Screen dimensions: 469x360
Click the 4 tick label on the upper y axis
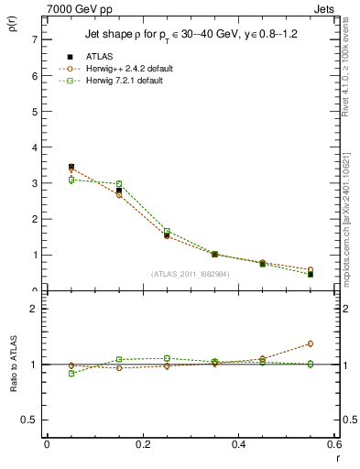click(34, 147)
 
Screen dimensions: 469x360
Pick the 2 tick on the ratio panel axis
click(34, 309)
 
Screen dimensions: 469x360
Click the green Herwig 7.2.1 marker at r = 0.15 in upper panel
click(119, 184)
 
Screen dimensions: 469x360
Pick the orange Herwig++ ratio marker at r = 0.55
click(311, 344)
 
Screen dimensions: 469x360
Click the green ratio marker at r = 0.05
click(71, 373)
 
